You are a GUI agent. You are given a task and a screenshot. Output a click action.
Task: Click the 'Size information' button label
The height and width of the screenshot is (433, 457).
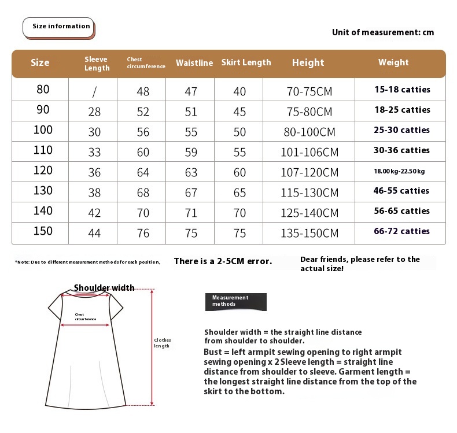tap(61, 27)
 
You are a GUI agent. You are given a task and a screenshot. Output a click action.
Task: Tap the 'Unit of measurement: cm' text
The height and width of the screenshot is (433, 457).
tap(382, 32)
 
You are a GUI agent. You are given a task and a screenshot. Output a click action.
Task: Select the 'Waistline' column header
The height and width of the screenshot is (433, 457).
tap(194, 63)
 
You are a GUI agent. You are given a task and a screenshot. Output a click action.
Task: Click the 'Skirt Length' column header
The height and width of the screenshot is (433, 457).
tap(246, 62)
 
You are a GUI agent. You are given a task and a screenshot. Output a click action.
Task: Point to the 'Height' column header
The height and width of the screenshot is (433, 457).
tap(308, 62)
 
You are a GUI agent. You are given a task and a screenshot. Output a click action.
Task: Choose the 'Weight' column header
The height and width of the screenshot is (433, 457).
tap(393, 62)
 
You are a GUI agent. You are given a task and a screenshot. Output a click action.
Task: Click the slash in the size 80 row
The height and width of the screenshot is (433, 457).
tap(94, 91)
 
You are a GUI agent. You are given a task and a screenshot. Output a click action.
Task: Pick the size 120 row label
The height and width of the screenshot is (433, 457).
tap(43, 171)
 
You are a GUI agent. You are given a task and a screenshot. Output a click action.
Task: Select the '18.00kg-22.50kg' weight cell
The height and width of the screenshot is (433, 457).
tap(399, 171)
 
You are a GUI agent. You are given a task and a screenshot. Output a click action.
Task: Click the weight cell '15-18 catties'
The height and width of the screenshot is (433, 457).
tap(402, 90)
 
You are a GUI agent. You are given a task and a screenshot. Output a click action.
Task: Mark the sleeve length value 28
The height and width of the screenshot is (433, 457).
tap(94, 112)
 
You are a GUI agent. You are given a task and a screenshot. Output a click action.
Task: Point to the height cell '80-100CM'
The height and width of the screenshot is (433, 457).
tap(309, 132)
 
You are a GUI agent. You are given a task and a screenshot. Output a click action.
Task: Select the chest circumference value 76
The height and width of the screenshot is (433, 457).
tap(143, 233)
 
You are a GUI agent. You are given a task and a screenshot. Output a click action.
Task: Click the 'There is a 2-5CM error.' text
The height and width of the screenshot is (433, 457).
tap(223, 261)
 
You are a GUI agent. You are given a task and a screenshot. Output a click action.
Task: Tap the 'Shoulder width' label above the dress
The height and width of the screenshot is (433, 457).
tap(104, 288)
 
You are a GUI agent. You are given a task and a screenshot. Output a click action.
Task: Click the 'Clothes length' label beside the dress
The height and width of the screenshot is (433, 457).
tap(162, 343)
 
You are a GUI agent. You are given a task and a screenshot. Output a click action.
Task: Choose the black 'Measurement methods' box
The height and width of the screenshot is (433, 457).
tap(235, 301)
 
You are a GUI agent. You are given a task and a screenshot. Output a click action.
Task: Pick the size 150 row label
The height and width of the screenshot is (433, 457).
tap(43, 231)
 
